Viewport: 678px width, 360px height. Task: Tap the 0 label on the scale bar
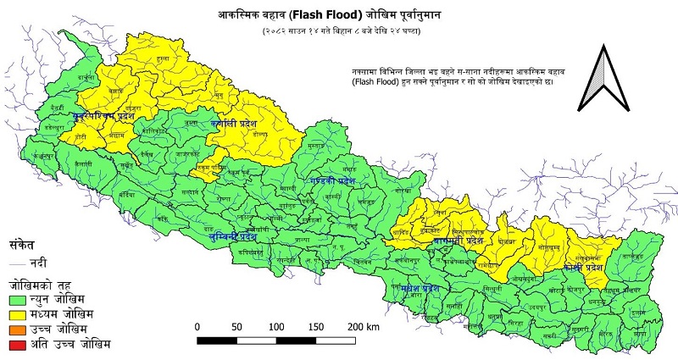click(x=197, y=326)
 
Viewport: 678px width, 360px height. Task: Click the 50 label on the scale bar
click(x=236, y=326)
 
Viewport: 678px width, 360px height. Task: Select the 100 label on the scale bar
click(x=275, y=326)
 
